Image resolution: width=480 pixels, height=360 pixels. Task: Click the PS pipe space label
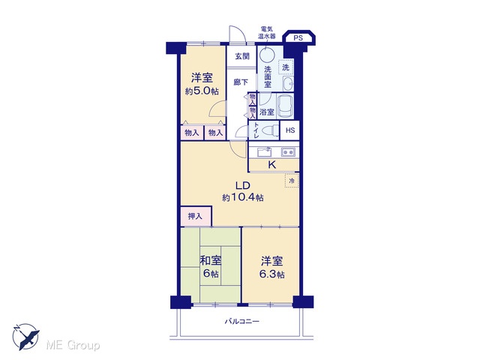click(x=298, y=38)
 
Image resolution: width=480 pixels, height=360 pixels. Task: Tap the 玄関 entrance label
click(x=242, y=56)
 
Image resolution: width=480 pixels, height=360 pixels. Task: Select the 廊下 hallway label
click(x=241, y=82)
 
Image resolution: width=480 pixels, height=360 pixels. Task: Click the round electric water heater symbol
click(x=267, y=55)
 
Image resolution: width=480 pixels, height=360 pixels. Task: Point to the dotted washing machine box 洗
click(x=286, y=67)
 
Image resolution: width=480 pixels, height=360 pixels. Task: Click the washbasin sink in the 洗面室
click(x=288, y=83)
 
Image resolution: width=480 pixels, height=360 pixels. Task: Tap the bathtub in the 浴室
click(x=285, y=106)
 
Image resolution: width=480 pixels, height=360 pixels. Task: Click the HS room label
click(x=290, y=130)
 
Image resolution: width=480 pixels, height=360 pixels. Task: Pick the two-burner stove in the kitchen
click(x=288, y=151)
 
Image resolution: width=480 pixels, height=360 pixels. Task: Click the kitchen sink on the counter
click(x=265, y=151)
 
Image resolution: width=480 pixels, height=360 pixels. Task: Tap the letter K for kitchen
click(x=271, y=165)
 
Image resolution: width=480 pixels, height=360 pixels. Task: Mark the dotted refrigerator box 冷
click(x=292, y=181)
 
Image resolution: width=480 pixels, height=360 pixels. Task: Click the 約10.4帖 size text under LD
click(x=243, y=198)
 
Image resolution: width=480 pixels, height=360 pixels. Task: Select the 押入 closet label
click(x=195, y=217)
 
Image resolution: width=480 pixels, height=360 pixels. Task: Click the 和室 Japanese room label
click(x=210, y=261)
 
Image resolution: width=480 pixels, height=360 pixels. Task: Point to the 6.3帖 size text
click(x=271, y=274)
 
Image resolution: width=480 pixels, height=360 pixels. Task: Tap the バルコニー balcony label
click(x=242, y=322)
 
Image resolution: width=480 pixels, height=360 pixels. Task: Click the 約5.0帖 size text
click(x=202, y=91)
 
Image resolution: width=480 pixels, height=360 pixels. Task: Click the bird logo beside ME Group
click(x=25, y=337)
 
